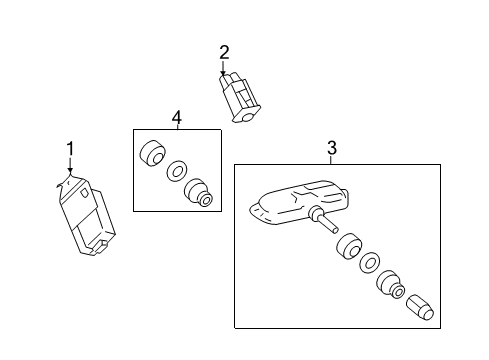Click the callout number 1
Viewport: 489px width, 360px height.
[70, 149]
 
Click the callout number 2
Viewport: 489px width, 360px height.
[224, 52]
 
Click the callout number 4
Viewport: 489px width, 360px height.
[176, 118]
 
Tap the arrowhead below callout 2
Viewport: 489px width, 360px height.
[224, 74]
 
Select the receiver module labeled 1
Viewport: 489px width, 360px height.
[88, 215]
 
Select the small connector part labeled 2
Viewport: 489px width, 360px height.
[238, 98]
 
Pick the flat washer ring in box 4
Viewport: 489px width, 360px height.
[176, 171]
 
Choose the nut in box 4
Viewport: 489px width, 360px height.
[198, 193]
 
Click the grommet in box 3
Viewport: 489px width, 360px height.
[350, 247]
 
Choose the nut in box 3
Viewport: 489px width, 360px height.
[388, 287]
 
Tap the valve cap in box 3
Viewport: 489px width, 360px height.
[420, 306]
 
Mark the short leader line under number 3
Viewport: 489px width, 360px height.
[331, 159]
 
